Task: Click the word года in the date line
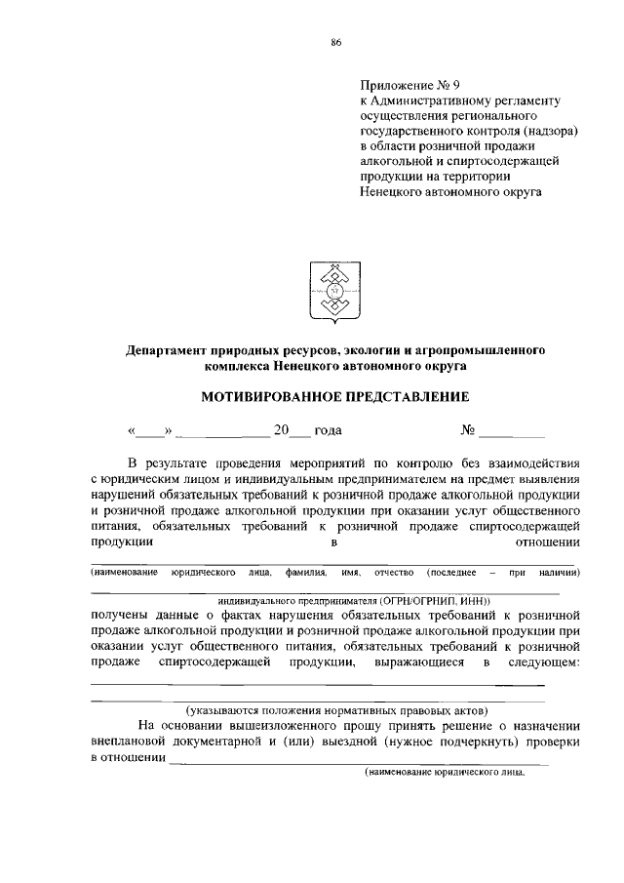tap(329, 429)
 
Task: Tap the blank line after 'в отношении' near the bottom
tap(361, 759)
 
